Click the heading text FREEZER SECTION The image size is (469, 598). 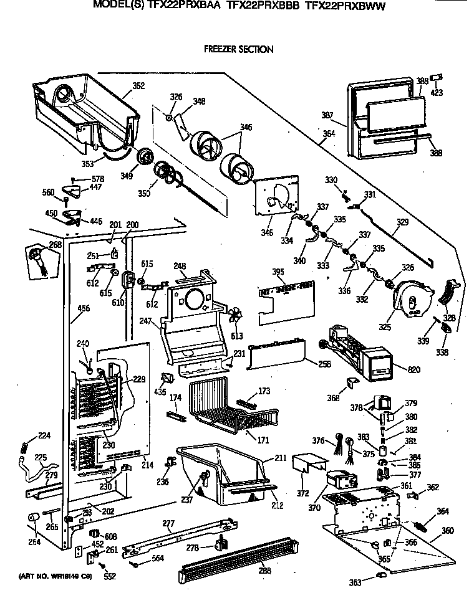239,49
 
